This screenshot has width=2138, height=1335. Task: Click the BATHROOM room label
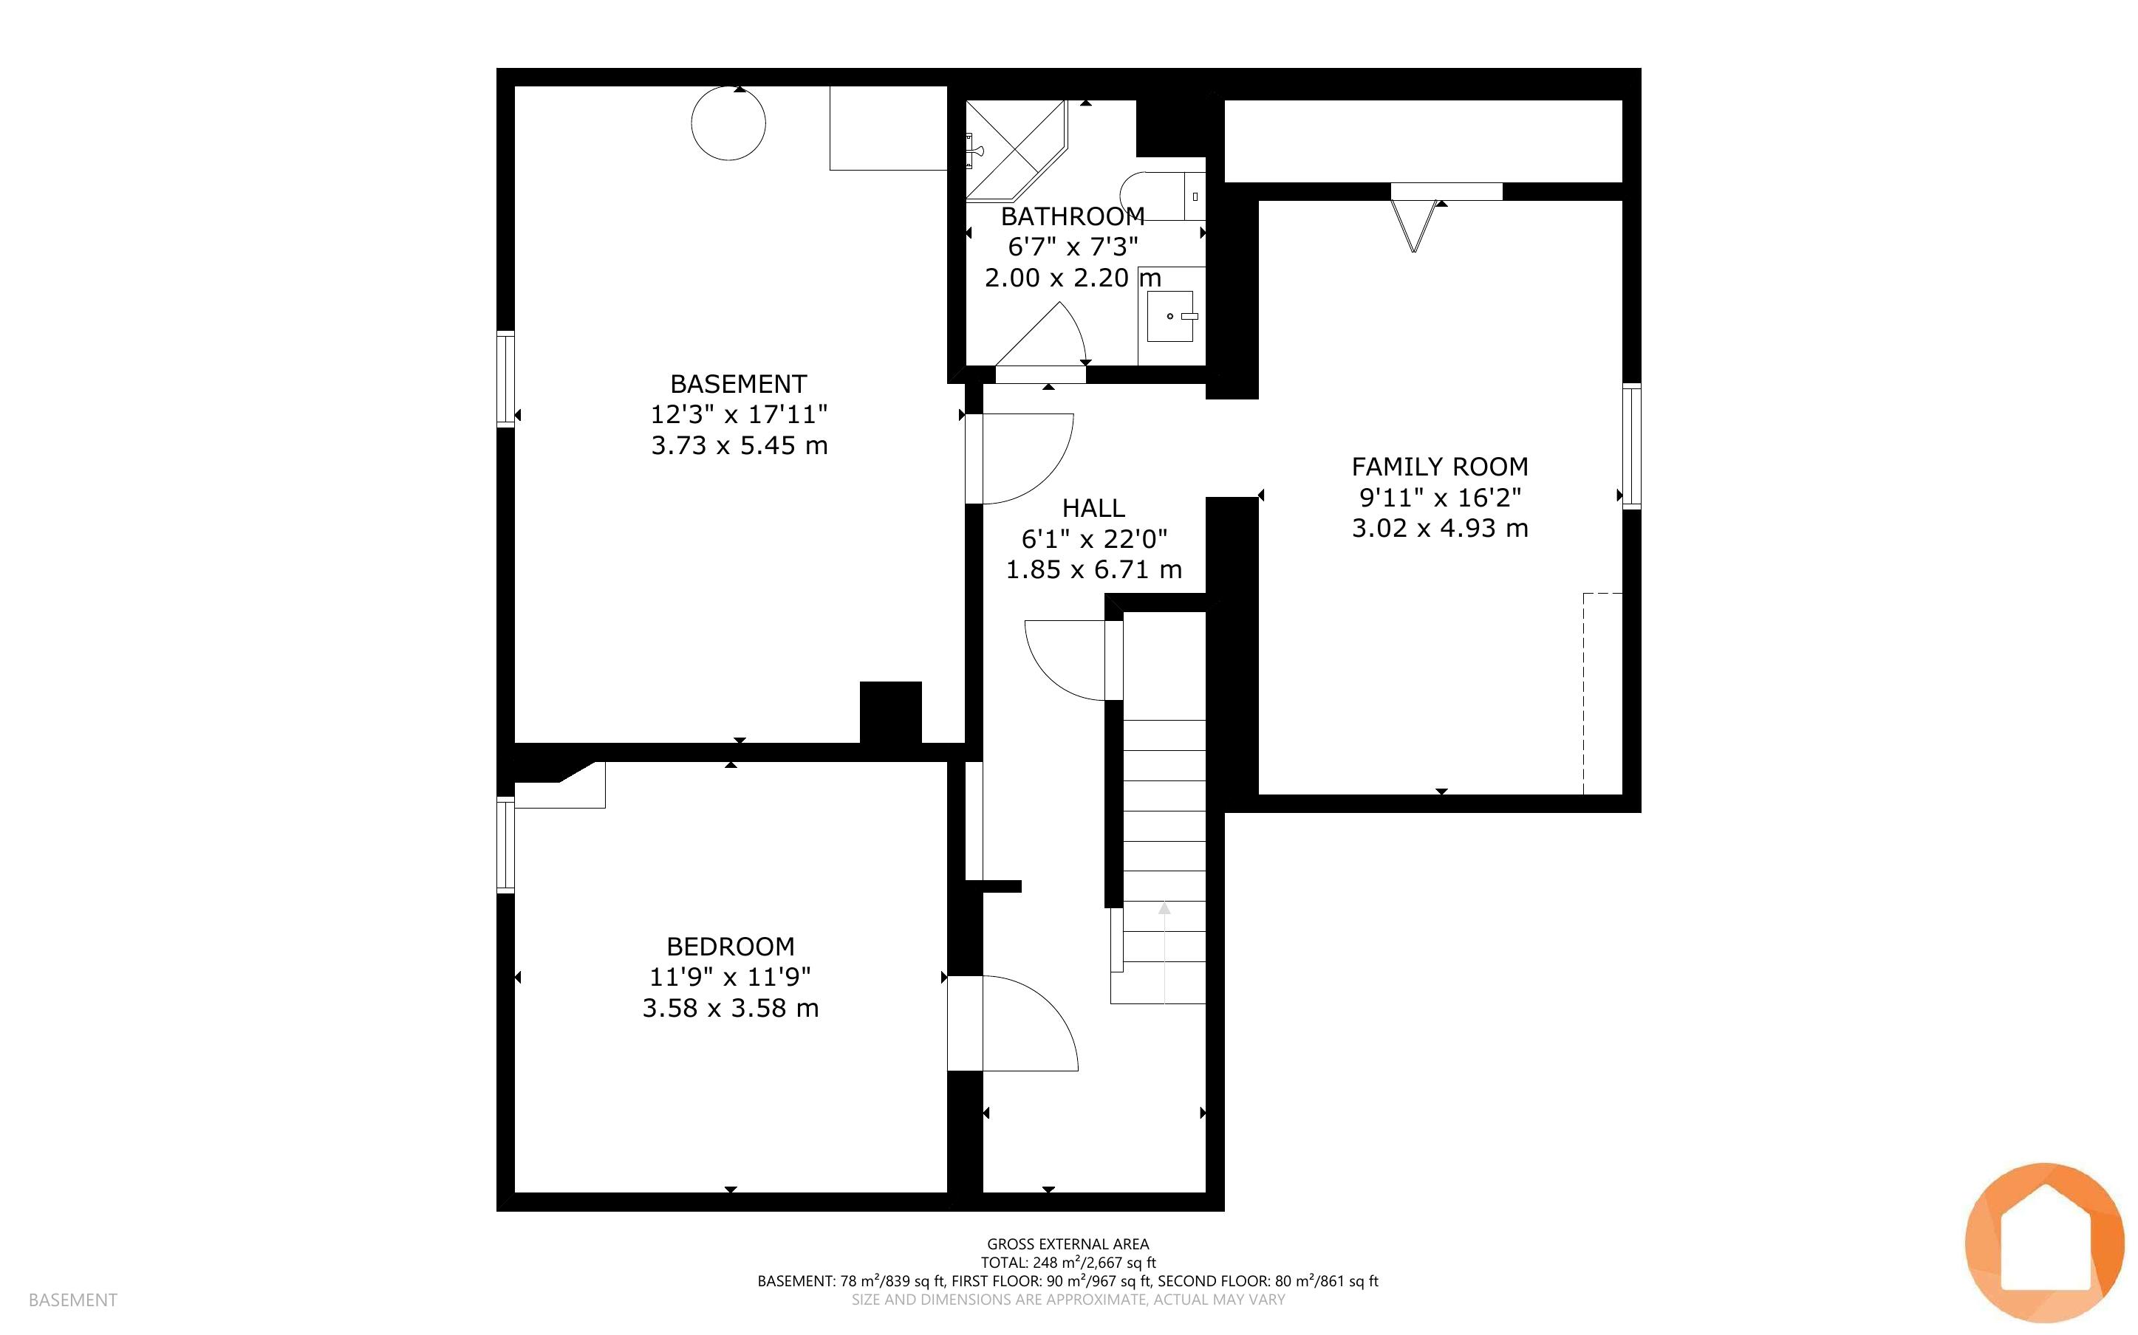pyautogui.click(x=1072, y=216)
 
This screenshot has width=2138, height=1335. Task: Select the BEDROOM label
pyautogui.click(x=731, y=947)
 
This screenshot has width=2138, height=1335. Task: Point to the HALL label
pyautogui.click(x=1093, y=508)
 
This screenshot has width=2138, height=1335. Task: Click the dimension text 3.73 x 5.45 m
pyautogui.click(x=740, y=445)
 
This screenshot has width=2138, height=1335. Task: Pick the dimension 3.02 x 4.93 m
pyautogui.click(x=1439, y=528)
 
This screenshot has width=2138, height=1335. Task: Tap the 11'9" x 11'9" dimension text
pyautogui.click(x=731, y=978)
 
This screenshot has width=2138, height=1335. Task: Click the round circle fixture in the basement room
pyautogui.click(x=728, y=123)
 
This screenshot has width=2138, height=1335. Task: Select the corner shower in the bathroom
pyautogui.click(x=1017, y=149)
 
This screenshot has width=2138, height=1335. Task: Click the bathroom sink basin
pyautogui.click(x=1170, y=316)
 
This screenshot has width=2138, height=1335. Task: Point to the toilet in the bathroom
pyautogui.click(x=1162, y=196)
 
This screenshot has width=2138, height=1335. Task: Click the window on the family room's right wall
pyautogui.click(x=1632, y=446)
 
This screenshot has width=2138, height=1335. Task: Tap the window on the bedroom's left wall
pyautogui.click(x=505, y=845)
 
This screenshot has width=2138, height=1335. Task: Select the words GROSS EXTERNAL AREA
pyautogui.click(x=1068, y=1244)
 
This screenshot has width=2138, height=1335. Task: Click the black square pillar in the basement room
pyautogui.click(x=890, y=713)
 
